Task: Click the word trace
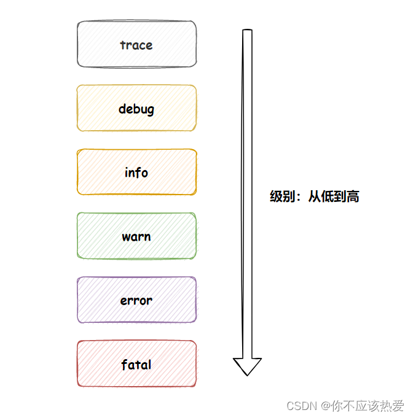coord(136,45)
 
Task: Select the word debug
coord(136,109)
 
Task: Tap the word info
coord(136,172)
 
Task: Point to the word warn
coord(136,237)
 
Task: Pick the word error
coord(136,301)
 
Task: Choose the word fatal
coord(136,365)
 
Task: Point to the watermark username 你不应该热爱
coord(368,406)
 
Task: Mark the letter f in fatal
coord(124,364)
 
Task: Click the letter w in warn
coord(125,238)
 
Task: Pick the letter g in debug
coord(150,111)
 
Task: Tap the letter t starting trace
coord(122,45)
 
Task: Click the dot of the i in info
coord(127,167)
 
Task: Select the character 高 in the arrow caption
coord(353,197)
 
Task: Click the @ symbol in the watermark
coord(324,406)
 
